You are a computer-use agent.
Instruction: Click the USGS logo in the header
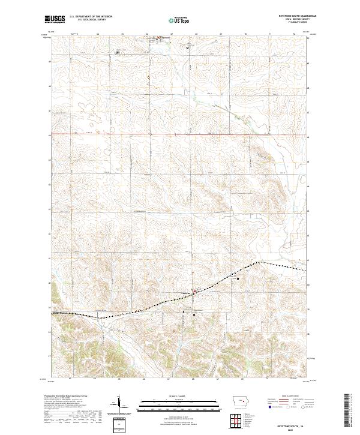(54, 20)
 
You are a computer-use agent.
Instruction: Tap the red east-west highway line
(180, 134)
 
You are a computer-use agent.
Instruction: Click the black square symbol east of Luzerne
(238, 278)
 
